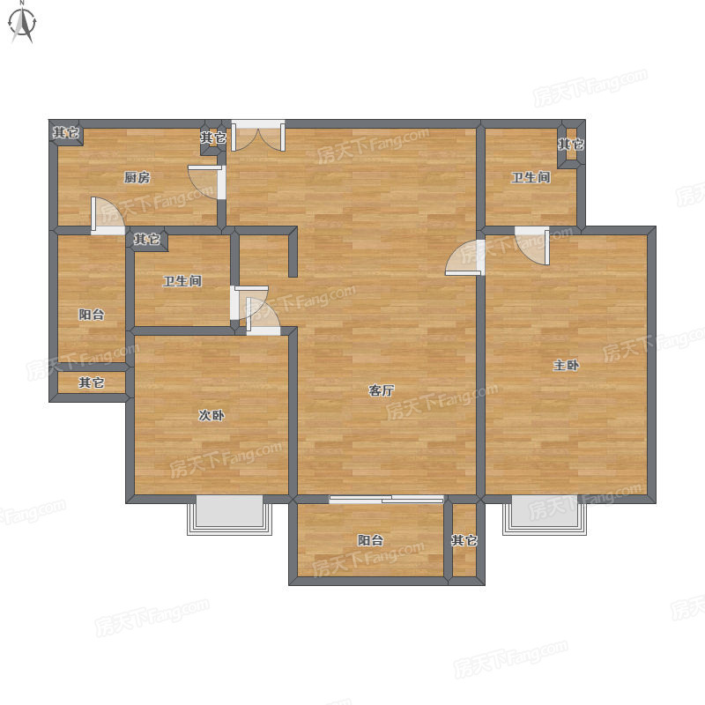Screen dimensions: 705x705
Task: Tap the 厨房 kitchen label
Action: (x=137, y=178)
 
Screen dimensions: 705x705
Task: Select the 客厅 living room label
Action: (x=382, y=390)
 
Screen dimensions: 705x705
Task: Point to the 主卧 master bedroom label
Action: (x=566, y=365)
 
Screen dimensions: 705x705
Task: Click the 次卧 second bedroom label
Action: (x=211, y=415)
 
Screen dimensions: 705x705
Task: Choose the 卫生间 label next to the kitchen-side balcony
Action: (x=182, y=281)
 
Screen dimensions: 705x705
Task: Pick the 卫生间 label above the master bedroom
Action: (x=531, y=178)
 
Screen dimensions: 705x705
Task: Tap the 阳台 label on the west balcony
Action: (x=92, y=315)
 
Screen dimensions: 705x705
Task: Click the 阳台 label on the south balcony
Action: (x=370, y=540)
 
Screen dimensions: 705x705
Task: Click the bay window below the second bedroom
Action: (x=229, y=515)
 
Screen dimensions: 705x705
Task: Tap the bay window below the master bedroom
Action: (x=545, y=515)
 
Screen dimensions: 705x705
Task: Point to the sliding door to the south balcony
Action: (x=386, y=499)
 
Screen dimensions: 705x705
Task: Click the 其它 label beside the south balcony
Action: (x=464, y=540)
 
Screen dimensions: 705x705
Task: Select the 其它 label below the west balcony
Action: (x=92, y=383)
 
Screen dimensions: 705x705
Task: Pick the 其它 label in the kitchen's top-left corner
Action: (x=66, y=133)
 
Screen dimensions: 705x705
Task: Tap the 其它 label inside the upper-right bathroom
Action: (x=571, y=145)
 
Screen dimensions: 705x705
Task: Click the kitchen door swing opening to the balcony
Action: (x=108, y=216)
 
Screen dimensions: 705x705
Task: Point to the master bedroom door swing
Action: (x=532, y=246)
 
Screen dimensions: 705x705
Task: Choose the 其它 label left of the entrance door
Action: (x=213, y=137)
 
